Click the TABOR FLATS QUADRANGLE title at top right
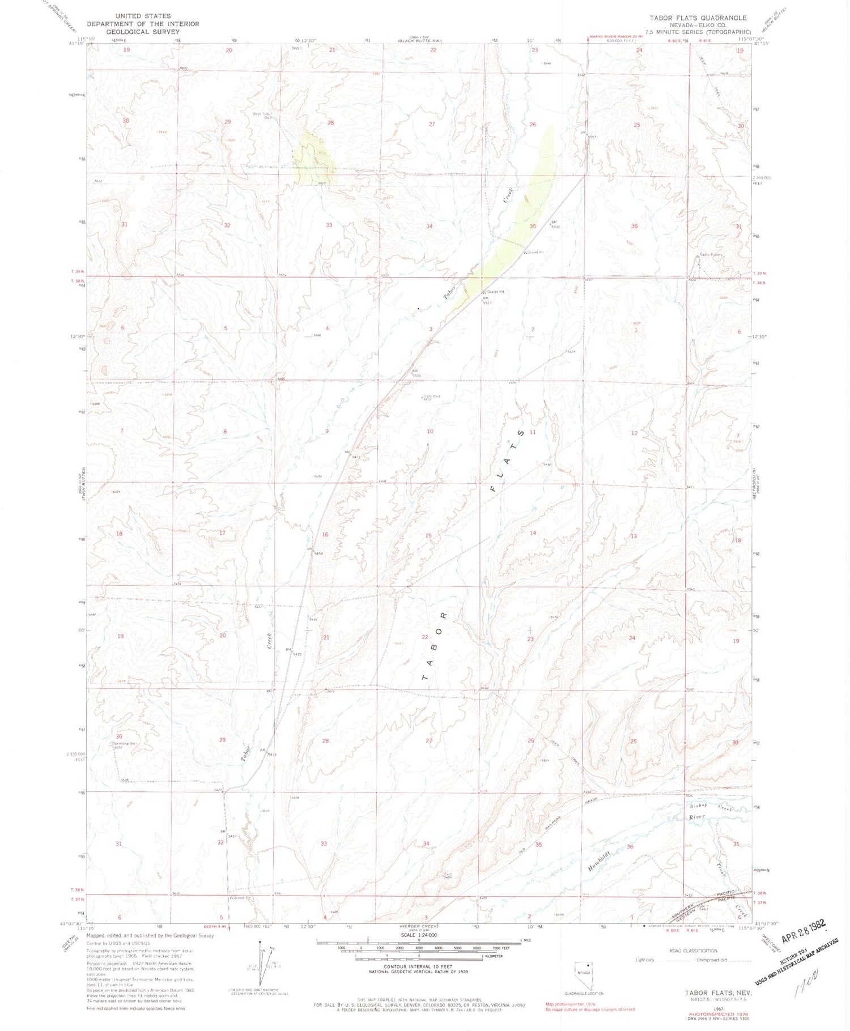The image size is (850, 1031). coord(698,18)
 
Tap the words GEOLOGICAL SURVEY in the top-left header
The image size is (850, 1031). coord(142,32)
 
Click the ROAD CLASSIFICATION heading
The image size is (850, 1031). coord(692,951)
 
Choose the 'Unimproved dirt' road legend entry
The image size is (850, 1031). coord(704,960)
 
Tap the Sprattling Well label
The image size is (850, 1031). coord(126,743)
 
